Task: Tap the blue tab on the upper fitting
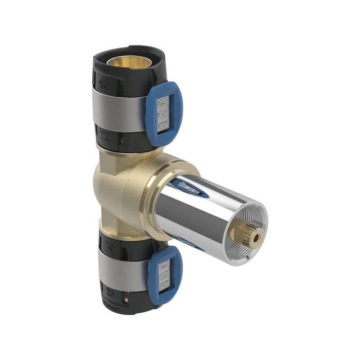pyautogui.click(x=164, y=115)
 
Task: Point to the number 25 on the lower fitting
pyautogui.click(x=110, y=294)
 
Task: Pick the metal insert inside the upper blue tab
pyautogui.click(x=165, y=115)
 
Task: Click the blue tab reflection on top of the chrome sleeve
pyautogui.click(x=189, y=187)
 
